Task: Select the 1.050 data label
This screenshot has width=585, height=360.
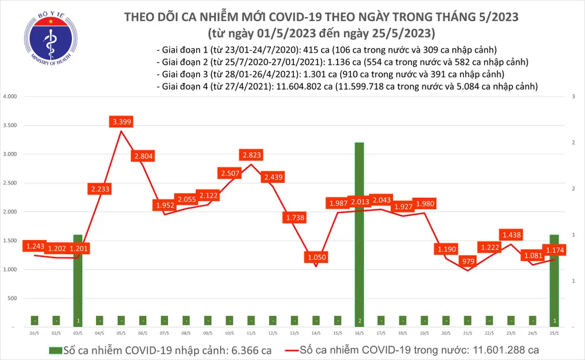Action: tap(316, 257)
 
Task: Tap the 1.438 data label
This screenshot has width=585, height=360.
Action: tap(510, 234)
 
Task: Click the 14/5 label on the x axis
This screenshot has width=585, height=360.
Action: tap(316, 334)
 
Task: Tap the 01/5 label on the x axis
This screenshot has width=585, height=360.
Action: tap(35, 334)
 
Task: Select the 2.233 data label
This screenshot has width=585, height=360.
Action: tap(101, 189)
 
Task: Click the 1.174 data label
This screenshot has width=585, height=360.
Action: tap(553, 251)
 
